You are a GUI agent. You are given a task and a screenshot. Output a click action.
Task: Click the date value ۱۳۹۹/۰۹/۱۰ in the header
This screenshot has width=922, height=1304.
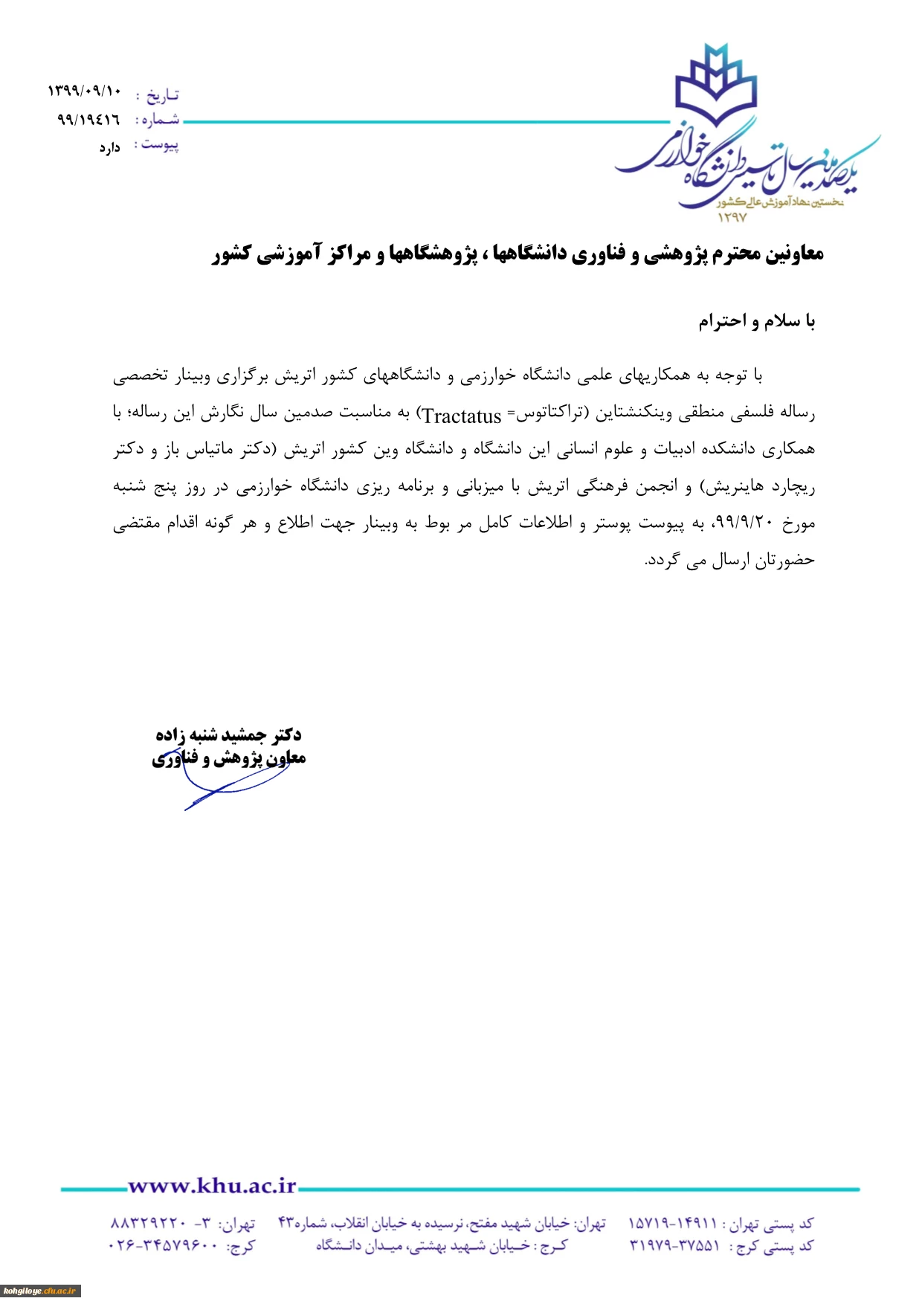[x=84, y=91]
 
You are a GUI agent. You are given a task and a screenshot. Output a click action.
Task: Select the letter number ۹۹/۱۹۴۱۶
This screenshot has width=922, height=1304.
[x=88, y=119]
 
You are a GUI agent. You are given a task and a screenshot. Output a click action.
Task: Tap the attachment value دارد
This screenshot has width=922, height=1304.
[x=109, y=148]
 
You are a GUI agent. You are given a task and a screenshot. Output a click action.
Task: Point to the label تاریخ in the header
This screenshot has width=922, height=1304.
[x=162, y=95]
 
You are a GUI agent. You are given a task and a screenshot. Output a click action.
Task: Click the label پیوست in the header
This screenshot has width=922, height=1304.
[x=160, y=144]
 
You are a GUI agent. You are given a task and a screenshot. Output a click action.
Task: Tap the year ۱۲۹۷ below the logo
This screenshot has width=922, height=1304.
[x=732, y=217]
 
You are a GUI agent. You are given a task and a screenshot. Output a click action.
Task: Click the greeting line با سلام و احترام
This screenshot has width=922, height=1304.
[x=756, y=321]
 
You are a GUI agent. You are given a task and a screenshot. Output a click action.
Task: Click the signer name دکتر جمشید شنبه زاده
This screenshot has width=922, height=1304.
[x=228, y=735]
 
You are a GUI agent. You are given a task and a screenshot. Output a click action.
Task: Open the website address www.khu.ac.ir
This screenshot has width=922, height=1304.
[x=212, y=1187]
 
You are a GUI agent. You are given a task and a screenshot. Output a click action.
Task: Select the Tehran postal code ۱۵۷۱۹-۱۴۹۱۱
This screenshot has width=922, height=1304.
[x=674, y=1224]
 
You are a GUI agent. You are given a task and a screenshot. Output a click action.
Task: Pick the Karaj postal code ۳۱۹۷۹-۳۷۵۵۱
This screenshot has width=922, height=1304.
[x=674, y=1246]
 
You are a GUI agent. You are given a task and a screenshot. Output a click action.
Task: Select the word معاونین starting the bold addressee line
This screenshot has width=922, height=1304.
[x=793, y=254]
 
